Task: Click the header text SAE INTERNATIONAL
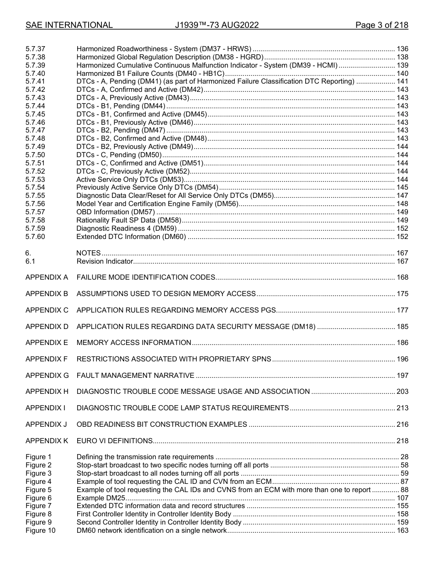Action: click(69, 25)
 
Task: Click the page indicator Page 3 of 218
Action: click(381, 25)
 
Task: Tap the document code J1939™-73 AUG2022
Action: click(217, 25)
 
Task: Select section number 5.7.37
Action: click(35, 49)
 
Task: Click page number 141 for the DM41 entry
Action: click(402, 81)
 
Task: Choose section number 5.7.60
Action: click(35, 237)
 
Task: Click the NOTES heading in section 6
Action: click(89, 253)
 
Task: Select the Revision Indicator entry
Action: click(105, 261)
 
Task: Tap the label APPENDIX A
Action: click(47, 277)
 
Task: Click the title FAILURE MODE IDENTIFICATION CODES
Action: click(146, 277)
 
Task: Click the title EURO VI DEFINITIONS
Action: click(114, 441)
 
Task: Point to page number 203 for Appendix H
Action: click(402, 392)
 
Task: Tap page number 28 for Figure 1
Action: click(404, 457)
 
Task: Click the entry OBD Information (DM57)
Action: click(116, 212)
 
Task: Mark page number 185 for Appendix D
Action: click(402, 327)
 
